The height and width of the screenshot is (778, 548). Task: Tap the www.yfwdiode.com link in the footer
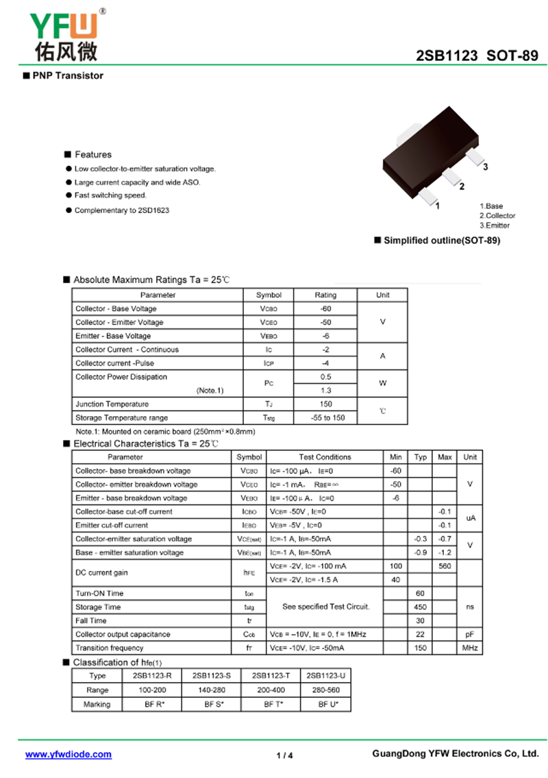pyautogui.click(x=68, y=754)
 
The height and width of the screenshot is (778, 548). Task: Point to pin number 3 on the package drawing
pyautogui.click(x=485, y=167)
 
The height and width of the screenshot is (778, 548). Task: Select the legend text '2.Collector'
pyautogui.click(x=497, y=215)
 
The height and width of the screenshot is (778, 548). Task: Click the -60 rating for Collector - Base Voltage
pyautogui.click(x=325, y=308)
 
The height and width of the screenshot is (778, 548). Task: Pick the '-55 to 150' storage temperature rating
pyautogui.click(x=325, y=417)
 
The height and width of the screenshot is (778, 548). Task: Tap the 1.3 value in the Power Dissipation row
pyautogui.click(x=325, y=390)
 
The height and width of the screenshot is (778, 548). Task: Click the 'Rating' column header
pyautogui.click(x=325, y=295)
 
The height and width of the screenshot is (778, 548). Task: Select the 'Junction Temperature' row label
pyautogui.click(x=112, y=404)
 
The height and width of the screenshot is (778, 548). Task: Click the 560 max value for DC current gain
pyautogui.click(x=445, y=566)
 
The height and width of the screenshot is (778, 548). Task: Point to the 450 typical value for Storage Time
pyautogui.click(x=420, y=607)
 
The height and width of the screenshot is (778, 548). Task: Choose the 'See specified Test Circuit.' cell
pyautogui.click(x=325, y=607)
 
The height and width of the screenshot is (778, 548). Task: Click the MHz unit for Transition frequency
pyautogui.click(x=470, y=648)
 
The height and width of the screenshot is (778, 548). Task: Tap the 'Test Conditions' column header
pyautogui.click(x=325, y=457)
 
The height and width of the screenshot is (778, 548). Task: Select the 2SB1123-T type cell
pyautogui.click(x=271, y=676)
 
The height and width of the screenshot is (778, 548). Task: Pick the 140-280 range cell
pyautogui.click(x=211, y=690)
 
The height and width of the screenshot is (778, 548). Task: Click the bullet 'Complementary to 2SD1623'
pyautogui.click(x=121, y=210)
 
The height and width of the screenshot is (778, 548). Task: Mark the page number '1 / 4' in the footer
pyautogui.click(x=284, y=755)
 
